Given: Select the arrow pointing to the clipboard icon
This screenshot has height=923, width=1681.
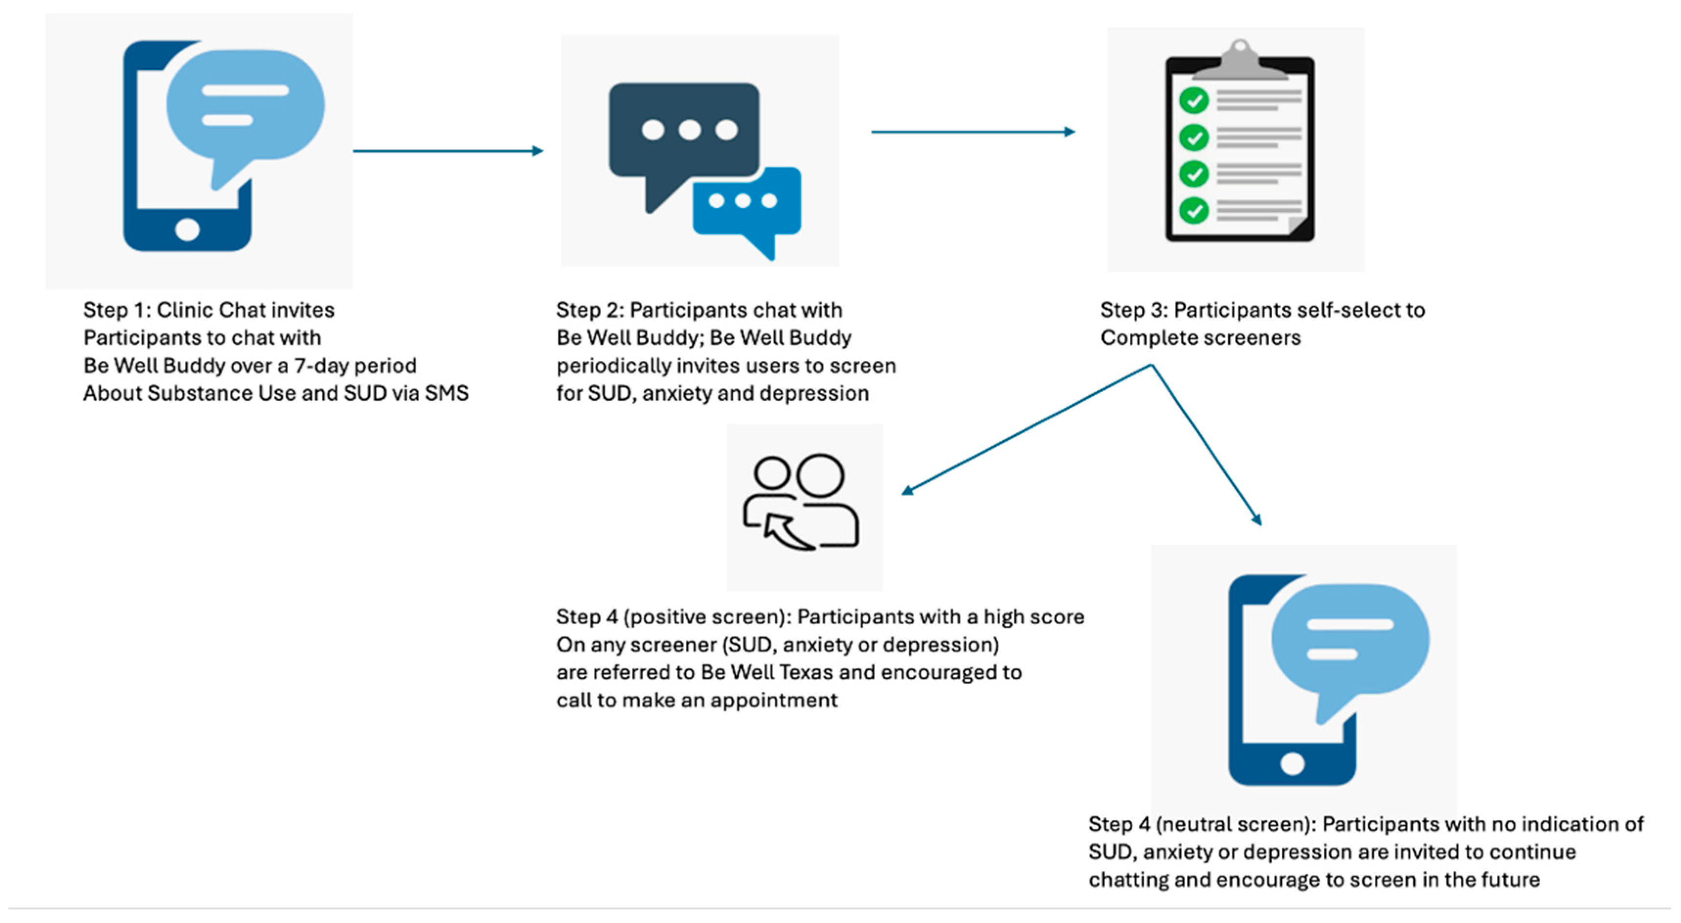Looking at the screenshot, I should click(972, 132).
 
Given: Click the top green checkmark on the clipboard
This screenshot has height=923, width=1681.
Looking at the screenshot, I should click(1193, 100).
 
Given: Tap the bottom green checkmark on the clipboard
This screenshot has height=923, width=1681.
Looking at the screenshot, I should click(1193, 210).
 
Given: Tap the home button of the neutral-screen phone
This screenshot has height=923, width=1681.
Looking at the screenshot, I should click(1292, 764).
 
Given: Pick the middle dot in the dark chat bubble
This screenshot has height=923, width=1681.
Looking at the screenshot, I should click(689, 130).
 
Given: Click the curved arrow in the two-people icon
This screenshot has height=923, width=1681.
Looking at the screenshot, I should click(786, 531).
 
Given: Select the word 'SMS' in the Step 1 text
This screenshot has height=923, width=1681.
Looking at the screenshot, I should click(447, 394).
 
